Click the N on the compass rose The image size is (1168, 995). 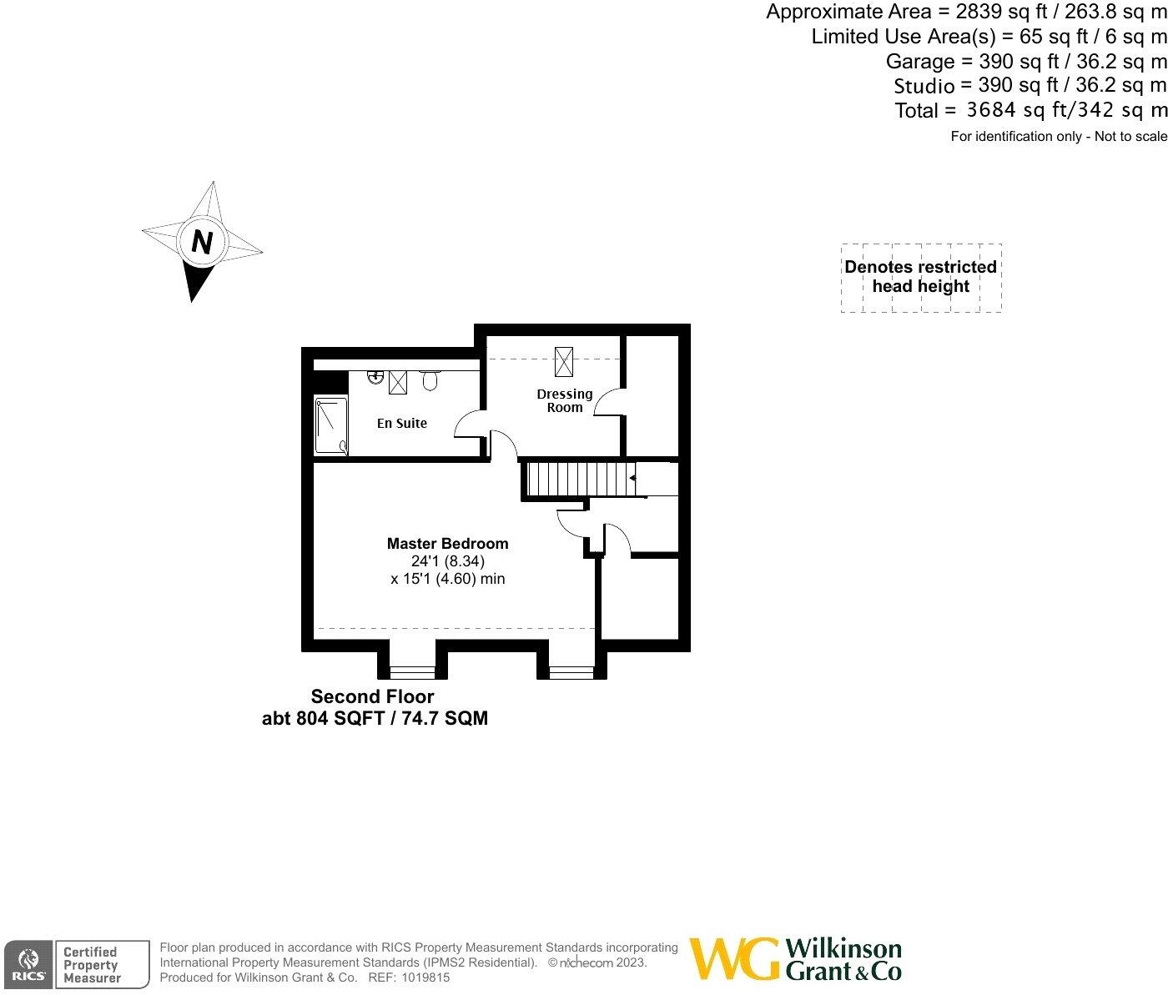[202, 242]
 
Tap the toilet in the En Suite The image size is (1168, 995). [430, 380]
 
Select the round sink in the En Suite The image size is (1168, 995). [376, 377]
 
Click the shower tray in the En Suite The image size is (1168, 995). [330, 425]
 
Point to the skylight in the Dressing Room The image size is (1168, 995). [565, 363]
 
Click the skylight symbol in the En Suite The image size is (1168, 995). [398, 383]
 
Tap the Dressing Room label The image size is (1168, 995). [565, 400]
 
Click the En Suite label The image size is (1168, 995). [401, 424]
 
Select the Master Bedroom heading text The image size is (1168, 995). [447, 544]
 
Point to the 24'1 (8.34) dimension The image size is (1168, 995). [447, 561]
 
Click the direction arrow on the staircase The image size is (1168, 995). [633, 478]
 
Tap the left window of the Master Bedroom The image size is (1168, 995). [413, 670]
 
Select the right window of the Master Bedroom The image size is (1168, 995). [571, 670]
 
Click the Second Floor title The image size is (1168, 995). [372, 696]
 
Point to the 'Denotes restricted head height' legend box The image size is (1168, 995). [921, 277]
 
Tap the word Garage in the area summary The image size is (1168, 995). [920, 61]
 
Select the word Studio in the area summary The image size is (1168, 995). [924, 86]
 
